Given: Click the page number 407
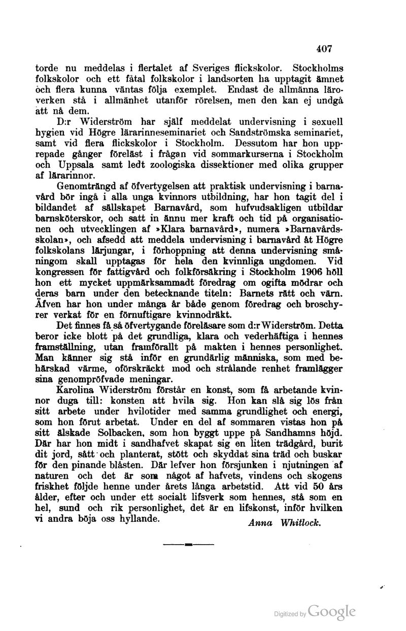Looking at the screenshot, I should pyautogui.click(x=323, y=49).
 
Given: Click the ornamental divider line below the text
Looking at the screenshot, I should pyautogui.click(x=188, y=544).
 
